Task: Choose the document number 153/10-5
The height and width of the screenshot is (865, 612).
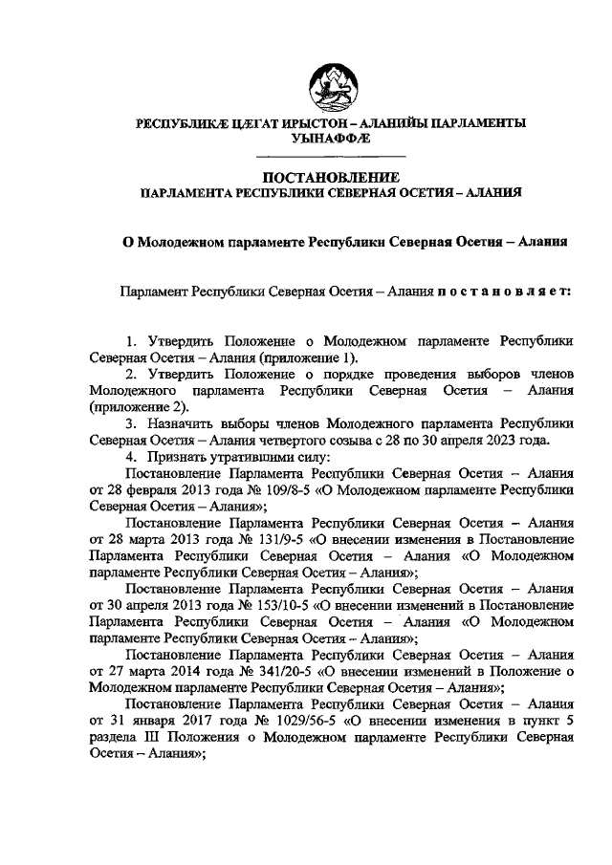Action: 265,605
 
